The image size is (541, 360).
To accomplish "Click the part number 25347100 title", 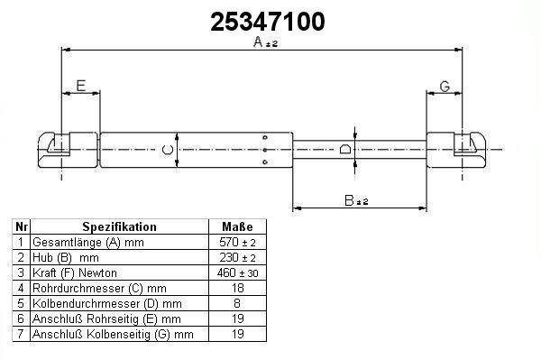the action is point(268,22).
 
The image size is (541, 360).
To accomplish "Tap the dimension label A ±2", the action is point(265,42).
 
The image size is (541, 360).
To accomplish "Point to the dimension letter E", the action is point(81,86).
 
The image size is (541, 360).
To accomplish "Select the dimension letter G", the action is point(445,87).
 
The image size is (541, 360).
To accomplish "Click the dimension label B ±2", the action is point(356,200).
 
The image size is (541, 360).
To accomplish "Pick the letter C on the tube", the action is point(168,150).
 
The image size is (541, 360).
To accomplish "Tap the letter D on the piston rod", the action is point(345,149).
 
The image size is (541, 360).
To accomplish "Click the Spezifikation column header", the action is point(119,226).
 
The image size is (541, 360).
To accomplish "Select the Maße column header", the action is point(237,226).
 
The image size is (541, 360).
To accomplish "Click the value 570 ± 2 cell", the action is point(237,243).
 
